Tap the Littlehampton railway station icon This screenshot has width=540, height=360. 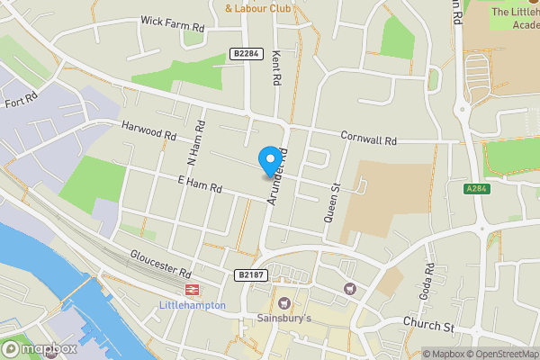click(192, 289)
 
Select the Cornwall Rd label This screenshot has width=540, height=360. click(369, 140)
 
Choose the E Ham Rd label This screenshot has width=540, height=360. click(199, 184)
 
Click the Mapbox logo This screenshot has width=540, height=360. click(39, 348)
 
